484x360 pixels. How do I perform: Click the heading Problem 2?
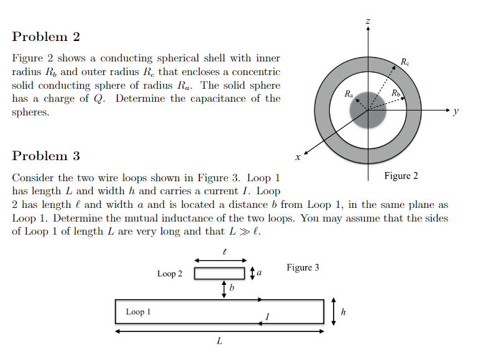coord(46,37)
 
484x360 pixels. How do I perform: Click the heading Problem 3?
coord(46,156)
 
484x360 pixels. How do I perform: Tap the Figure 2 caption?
coord(401,176)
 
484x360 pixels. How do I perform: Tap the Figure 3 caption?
coord(303,268)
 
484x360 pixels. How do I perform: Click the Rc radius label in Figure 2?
coord(405,62)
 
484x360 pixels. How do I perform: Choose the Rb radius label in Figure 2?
coord(396,94)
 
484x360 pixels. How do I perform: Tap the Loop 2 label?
coord(170,274)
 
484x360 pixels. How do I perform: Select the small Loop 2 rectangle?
coord(220,274)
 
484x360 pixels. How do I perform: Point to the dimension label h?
coord(344,311)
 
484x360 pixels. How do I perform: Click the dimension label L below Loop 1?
coord(219,341)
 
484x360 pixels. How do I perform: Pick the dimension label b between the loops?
coord(231,289)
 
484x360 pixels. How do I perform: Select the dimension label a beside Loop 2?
coord(259,273)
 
